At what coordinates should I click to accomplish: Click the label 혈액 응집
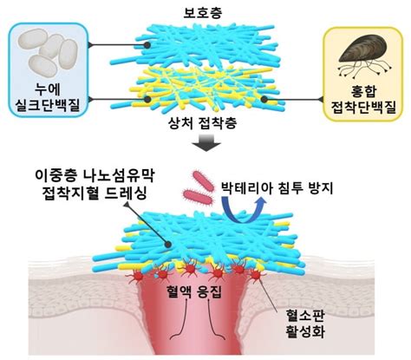click(205, 294)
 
